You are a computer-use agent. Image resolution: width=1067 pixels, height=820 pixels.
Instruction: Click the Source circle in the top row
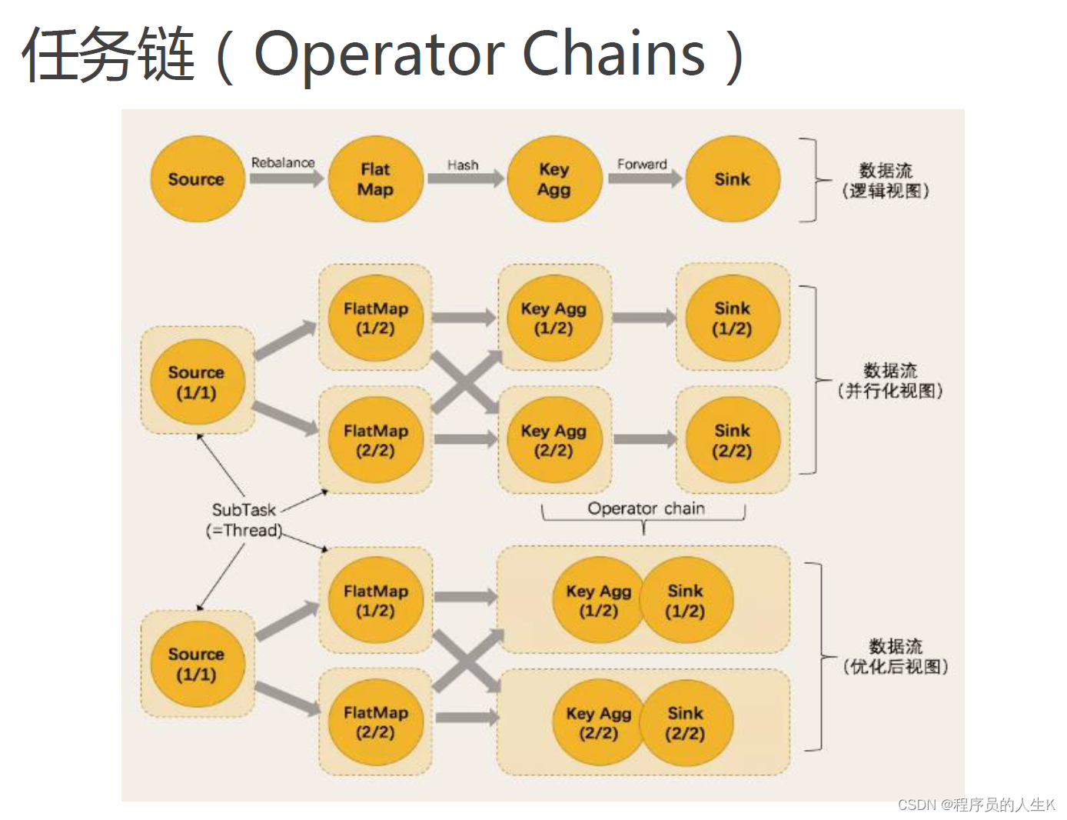[197, 179]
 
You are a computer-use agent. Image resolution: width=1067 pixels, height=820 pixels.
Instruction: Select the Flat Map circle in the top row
[375, 179]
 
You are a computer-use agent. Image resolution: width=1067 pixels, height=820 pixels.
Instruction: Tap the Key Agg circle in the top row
[553, 179]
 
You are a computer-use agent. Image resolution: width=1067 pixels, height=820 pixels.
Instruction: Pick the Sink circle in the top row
[732, 179]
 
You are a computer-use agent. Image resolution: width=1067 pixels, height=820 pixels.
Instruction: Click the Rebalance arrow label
[283, 162]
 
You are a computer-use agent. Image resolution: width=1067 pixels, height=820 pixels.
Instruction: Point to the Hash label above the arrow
[463, 165]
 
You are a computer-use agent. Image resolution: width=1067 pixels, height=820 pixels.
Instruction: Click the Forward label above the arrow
[642, 164]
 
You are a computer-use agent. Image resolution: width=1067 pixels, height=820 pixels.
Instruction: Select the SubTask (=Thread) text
[244, 520]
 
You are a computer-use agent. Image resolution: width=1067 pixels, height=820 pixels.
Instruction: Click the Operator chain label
[646, 508]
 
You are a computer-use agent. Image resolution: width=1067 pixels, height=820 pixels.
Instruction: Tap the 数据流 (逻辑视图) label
[886, 181]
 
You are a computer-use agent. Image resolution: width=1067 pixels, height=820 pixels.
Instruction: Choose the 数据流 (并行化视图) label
[890, 381]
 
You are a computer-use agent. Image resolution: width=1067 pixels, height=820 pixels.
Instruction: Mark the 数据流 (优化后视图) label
[896, 656]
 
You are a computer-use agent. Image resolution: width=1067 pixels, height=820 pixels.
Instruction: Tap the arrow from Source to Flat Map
[287, 178]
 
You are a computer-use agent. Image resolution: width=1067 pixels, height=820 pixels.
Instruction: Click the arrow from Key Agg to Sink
[644, 178]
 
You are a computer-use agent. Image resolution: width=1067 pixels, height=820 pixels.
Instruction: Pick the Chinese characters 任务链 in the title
[108, 54]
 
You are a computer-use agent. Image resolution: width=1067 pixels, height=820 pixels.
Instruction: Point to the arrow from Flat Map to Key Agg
[465, 178]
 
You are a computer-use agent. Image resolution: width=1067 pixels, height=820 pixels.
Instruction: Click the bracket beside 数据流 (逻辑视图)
[811, 180]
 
